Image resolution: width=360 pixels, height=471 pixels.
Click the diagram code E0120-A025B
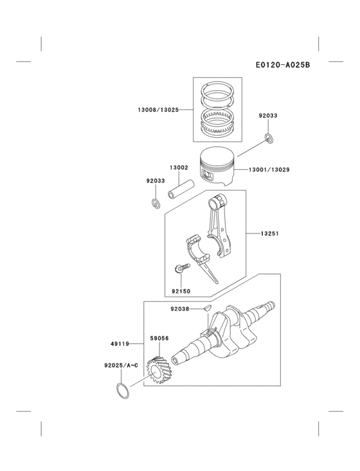point(282,64)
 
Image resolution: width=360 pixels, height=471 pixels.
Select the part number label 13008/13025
point(157,110)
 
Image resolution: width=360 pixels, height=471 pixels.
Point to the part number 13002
point(179,167)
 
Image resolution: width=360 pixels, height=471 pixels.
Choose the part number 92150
point(181,291)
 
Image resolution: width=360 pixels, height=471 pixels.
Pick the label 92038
point(180,309)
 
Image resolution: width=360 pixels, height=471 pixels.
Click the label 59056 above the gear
point(159,337)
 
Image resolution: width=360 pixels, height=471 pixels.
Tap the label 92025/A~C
point(122,365)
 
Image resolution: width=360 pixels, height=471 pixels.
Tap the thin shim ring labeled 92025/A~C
point(122,390)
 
